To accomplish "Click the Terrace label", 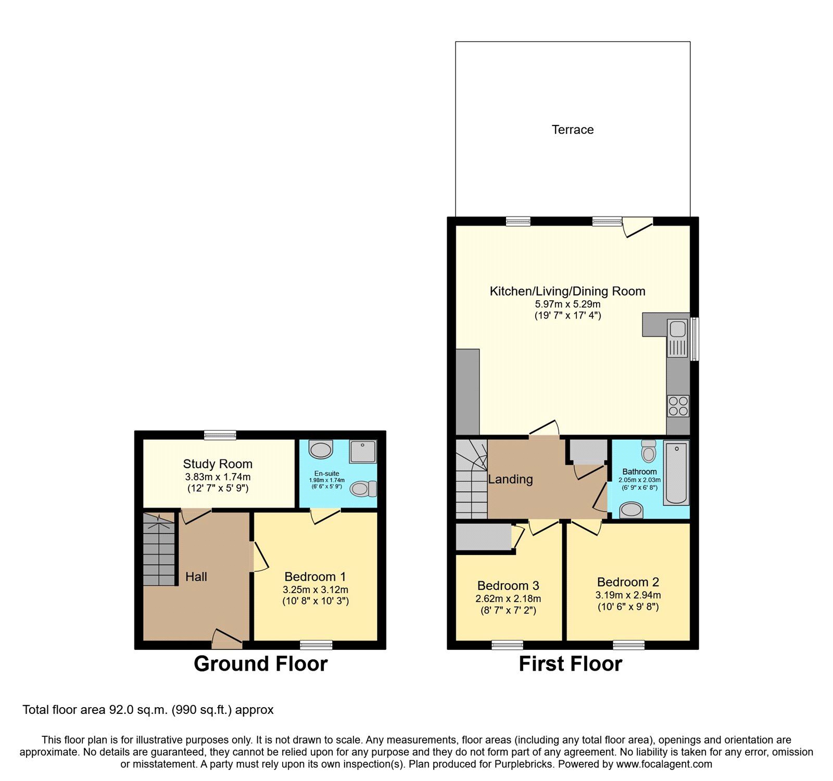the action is [x=573, y=130].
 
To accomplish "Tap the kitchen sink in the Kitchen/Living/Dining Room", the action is [x=678, y=338].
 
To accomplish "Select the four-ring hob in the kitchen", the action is [x=678, y=406].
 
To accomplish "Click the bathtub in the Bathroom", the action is [x=676, y=473].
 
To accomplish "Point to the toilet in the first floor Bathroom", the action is [x=649, y=451].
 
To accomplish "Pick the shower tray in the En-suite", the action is [x=363, y=452].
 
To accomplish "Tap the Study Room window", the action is [x=220, y=435].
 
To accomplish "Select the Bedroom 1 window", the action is [x=316, y=645].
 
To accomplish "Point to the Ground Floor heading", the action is [x=260, y=664].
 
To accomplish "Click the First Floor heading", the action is [x=571, y=664].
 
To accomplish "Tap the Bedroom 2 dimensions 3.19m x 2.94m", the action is [x=628, y=595].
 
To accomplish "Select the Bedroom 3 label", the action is [x=508, y=586].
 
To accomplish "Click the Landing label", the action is [x=510, y=479].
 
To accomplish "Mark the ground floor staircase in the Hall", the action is [x=159, y=549].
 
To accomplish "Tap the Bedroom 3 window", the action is [x=508, y=645].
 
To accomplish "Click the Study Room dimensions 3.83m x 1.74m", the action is [x=218, y=477].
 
